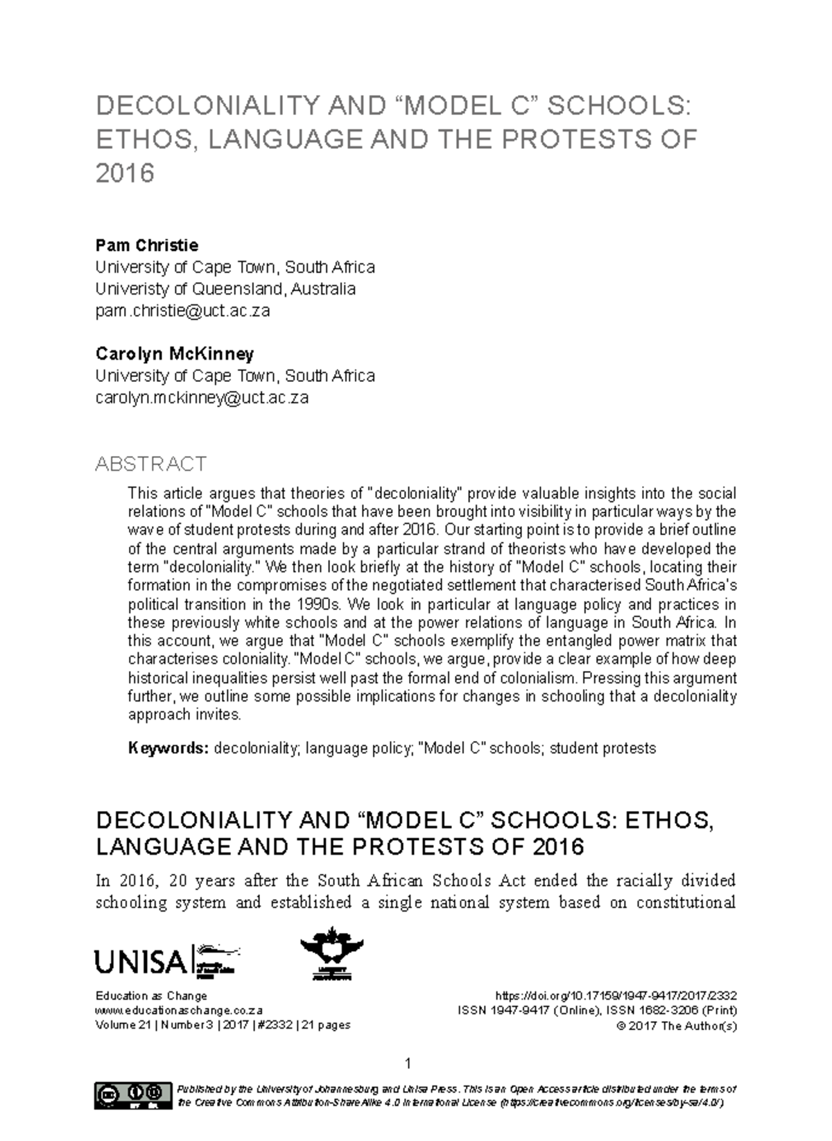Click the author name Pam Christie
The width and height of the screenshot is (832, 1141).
click(x=146, y=245)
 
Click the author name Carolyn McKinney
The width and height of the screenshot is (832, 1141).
click(x=174, y=354)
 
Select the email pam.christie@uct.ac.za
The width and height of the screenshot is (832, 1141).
click(x=182, y=311)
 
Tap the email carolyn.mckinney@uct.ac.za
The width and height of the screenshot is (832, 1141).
click(x=201, y=398)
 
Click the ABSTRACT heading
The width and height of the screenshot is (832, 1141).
click(x=150, y=463)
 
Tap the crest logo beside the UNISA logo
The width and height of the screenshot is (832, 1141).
click(x=331, y=954)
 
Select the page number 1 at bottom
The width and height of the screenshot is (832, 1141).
click(x=408, y=1063)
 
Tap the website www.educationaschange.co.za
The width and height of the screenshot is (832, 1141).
click(x=179, y=1011)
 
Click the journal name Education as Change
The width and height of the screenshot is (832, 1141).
click(x=151, y=996)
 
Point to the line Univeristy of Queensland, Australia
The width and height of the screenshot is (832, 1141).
click(x=225, y=288)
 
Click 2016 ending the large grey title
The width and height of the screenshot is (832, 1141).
click(x=124, y=173)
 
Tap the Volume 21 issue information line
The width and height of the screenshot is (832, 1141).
click(x=223, y=1025)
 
